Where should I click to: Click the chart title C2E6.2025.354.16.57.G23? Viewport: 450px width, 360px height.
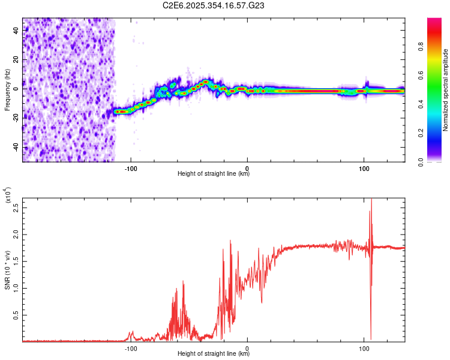[214, 5]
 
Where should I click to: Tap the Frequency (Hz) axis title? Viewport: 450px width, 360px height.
[7, 90]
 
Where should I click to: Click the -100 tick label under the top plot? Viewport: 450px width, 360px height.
[131, 167]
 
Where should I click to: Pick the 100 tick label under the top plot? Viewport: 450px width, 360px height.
[364, 167]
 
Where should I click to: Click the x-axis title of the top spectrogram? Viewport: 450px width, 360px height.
[214, 174]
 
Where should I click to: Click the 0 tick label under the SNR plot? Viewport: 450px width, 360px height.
[247, 348]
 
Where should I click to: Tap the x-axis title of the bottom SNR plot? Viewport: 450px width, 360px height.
[214, 354]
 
